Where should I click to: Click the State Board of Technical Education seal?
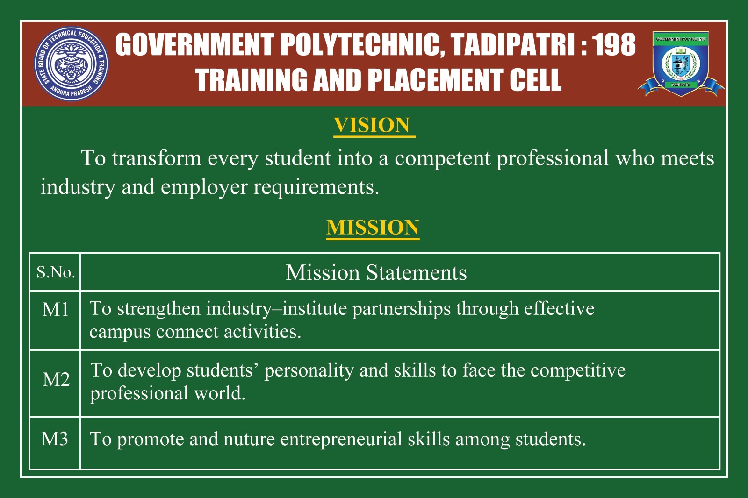tap(71, 64)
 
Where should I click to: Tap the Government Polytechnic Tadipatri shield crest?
tap(681, 64)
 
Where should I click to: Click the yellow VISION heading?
tap(372, 125)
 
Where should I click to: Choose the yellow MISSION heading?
tap(373, 228)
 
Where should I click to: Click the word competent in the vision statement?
tap(442, 158)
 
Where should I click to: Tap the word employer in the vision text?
tap(204, 187)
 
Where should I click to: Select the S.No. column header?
tap(56, 272)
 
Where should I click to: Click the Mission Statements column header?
tap(376, 272)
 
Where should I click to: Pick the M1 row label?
tap(56, 309)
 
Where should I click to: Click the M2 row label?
tap(56, 379)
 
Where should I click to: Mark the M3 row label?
tap(55, 439)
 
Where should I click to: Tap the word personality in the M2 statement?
tap(309, 370)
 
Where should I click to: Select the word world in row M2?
tap(220, 393)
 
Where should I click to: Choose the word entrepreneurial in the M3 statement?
tap(341, 439)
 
